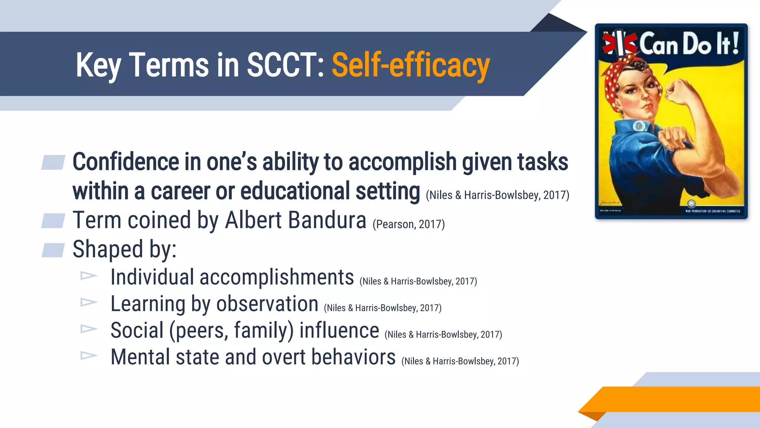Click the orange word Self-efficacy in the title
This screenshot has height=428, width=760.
410,66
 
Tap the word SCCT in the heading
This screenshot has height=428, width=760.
285,65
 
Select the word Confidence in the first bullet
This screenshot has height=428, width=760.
126,162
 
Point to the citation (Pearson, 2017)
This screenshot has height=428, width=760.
409,224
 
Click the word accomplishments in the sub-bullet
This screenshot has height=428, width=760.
276,277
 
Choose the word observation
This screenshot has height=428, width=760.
267,304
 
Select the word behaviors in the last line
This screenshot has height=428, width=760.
353,357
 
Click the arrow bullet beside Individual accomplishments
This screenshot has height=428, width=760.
89,276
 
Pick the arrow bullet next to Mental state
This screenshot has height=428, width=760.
89,356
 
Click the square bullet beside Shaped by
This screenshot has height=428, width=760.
53,250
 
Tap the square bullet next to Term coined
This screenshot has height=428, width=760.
53,221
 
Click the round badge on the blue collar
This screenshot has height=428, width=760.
639,126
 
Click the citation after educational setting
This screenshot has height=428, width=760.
497,195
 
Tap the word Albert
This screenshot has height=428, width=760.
253,220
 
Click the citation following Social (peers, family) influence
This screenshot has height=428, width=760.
443,335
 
